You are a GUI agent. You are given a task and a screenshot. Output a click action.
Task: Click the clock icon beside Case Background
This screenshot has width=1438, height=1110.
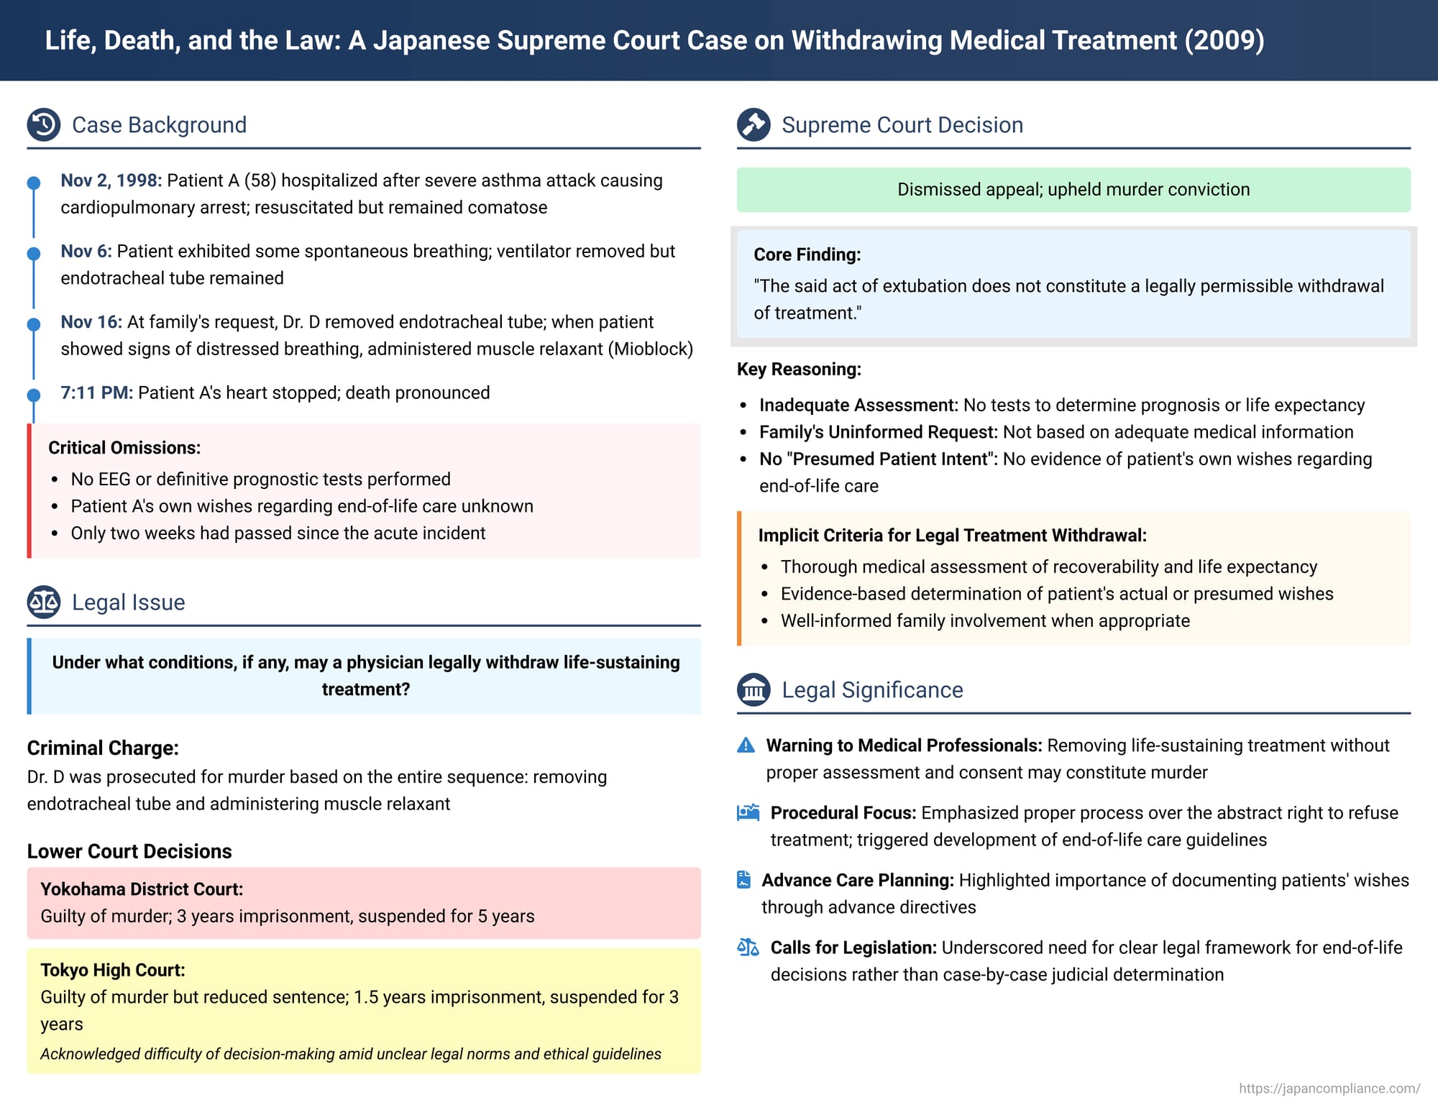coord(44,124)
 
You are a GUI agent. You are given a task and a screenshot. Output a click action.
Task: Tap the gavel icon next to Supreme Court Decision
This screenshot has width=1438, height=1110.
coord(754,124)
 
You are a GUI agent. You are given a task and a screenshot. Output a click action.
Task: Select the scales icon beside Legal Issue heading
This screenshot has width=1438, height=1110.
coord(44,602)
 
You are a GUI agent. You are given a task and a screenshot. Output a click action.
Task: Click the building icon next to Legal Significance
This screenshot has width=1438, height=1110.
coord(754,689)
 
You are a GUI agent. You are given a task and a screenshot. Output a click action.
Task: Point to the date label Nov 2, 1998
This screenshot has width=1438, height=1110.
coord(111,180)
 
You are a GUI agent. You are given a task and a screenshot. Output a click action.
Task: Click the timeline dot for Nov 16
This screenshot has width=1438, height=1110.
coord(34,324)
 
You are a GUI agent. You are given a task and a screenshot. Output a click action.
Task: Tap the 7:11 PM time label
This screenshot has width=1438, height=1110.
coord(96,393)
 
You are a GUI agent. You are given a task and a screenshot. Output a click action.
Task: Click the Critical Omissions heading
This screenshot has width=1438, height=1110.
coord(124,448)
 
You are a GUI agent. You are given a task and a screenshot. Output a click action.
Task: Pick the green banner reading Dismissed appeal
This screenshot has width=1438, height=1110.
coord(1073,190)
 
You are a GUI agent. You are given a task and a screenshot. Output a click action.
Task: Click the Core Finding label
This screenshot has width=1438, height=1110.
coord(807,254)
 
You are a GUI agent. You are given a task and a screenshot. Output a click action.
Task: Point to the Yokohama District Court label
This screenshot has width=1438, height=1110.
coord(142,889)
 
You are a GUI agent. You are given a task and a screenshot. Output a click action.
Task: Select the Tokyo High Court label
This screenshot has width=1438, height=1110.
coord(113,970)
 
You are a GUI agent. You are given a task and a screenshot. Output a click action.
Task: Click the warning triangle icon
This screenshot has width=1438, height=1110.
coord(746,746)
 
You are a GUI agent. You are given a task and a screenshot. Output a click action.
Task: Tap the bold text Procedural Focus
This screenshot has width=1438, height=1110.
coord(843,813)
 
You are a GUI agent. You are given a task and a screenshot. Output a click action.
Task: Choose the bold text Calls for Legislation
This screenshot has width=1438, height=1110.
coord(853,948)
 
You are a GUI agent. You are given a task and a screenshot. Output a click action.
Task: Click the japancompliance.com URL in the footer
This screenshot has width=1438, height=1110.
coord(1329,1088)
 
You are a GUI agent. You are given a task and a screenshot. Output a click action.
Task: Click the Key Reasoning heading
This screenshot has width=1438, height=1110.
coord(799,370)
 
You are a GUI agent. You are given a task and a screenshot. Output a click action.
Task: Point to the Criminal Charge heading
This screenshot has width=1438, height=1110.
coord(103,748)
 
